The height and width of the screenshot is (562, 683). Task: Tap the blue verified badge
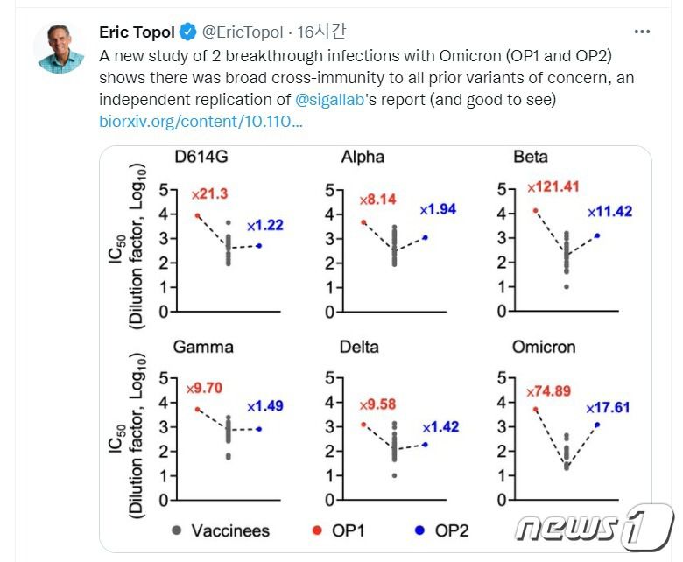[x=187, y=33]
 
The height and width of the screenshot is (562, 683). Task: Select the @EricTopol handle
[x=243, y=33]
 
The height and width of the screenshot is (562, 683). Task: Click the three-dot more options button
[x=642, y=32]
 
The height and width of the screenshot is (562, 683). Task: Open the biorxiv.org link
[x=201, y=122]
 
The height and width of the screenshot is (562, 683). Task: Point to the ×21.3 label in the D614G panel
[x=210, y=193]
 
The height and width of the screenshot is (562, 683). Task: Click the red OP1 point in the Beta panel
[x=536, y=211]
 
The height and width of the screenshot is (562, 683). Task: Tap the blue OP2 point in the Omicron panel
[x=597, y=425]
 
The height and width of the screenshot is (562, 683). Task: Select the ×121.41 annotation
[x=553, y=187]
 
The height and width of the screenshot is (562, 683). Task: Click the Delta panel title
[x=359, y=347]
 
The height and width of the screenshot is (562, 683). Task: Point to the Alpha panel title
[x=363, y=158]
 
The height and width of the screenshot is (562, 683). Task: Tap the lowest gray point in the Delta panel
[x=396, y=475]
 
